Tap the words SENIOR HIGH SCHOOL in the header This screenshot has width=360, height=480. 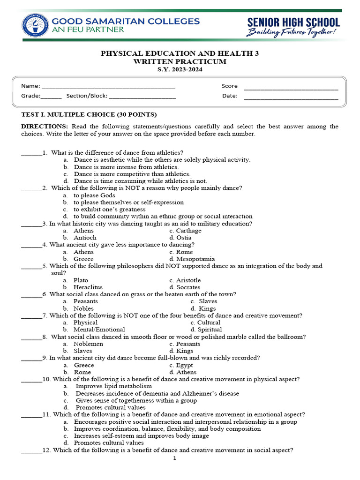(293, 22)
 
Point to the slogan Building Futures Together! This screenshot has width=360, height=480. (292, 33)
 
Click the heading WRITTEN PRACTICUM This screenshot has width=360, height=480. (180, 61)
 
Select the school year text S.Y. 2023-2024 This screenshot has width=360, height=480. (180, 69)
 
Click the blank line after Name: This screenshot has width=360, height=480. (109, 87)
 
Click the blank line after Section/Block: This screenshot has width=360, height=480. (142, 97)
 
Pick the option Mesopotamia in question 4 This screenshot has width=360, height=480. (195, 259)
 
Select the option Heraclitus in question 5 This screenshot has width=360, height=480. (88, 287)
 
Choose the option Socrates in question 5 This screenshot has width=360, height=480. (188, 287)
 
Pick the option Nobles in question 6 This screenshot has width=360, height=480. (83, 308)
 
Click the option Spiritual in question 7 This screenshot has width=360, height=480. (210, 330)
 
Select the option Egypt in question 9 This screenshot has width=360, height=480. (184, 365)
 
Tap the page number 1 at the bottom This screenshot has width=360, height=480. (175, 458)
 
